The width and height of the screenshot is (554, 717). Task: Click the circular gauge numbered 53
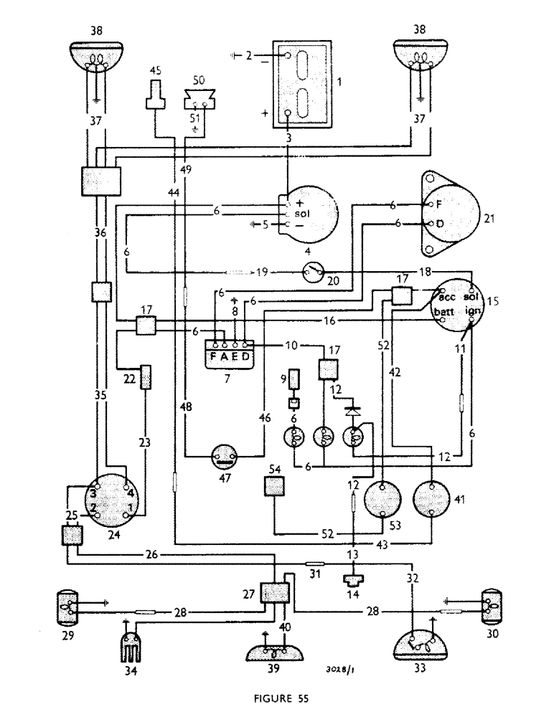382,499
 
